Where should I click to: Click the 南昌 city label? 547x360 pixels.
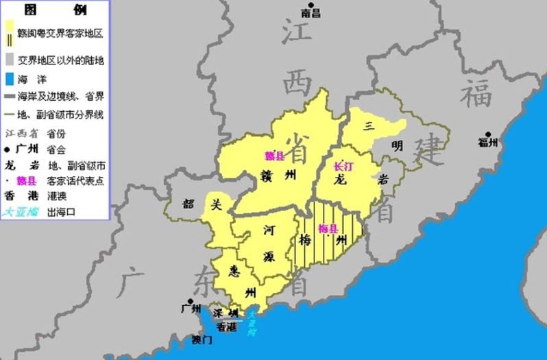311,12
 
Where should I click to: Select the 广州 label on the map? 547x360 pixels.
191,308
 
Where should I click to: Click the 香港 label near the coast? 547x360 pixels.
228,328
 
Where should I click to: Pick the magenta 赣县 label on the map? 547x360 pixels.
273,156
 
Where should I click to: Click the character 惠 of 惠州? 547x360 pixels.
236,269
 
